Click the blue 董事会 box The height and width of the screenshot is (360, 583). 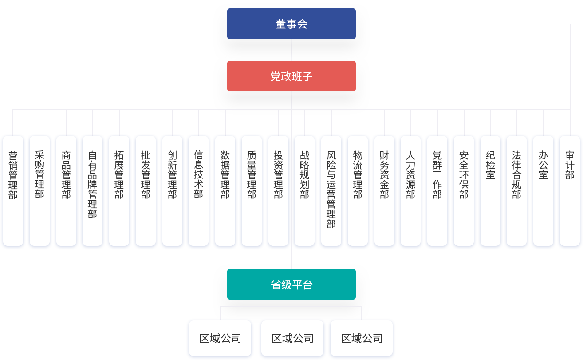pos(291,24)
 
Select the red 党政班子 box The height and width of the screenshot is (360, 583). pos(291,76)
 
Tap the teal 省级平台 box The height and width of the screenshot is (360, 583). pos(291,285)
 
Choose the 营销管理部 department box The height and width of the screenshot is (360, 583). pos(13,191)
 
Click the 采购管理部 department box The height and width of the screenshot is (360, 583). pos(39,191)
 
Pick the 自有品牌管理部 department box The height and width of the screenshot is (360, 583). pos(92,191)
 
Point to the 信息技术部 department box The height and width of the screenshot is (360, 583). pos(198,191)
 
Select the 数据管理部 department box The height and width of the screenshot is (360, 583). pos(225,191)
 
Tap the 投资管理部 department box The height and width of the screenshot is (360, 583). pos(278,191)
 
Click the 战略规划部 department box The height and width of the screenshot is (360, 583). pos(304,191)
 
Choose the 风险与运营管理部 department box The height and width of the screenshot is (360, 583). pos(331,191)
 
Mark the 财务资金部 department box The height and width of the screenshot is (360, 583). pos(384,191)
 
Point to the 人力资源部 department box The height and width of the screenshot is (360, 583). pos(410,191)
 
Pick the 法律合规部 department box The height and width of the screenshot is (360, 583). pos(516,191)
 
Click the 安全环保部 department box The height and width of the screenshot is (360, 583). pos(464,191)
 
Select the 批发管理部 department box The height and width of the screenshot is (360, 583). pos(146,191)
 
